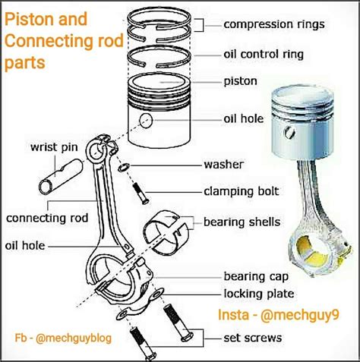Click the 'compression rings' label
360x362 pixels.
[274, 25]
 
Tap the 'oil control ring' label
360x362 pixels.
[264, 55]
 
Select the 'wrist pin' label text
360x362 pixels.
[54, 147]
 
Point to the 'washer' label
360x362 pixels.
[224, 165]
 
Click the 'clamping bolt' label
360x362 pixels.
[242, 191]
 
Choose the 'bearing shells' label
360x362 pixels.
[242, 222]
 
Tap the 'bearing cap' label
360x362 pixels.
[256, 276]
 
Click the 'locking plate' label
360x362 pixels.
[259, 294]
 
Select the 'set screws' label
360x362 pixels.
[253, 338]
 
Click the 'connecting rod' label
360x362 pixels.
[47, 218]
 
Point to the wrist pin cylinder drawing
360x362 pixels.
[61, 177]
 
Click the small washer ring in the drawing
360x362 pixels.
[124, 167]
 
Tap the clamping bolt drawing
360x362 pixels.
[141, 194]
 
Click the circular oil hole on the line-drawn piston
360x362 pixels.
[147, 120]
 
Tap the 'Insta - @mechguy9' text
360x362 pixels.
[279, 315]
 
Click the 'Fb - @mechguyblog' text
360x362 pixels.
[63, 338]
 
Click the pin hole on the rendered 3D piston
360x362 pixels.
[290, 132]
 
